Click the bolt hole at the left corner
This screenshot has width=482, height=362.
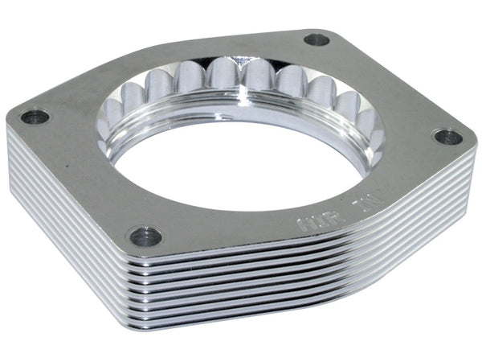click(35, 117)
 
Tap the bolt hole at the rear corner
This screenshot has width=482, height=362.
click(317, 39)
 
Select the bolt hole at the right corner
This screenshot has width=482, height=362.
click(447, 137)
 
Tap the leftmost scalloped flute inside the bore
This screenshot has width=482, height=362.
click(112, 121)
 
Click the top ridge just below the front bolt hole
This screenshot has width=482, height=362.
click(149, 259)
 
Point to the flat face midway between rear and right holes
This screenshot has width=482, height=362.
click(394, 84)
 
